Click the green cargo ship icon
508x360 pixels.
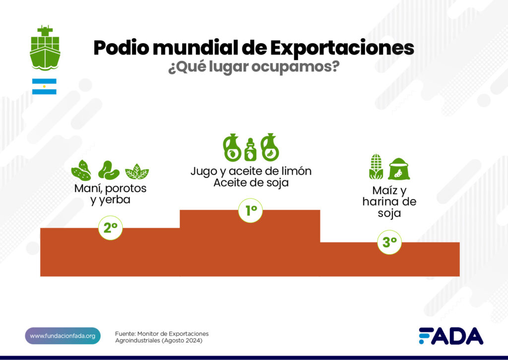pyautogui.click(x=45, y=48)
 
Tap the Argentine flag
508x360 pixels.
pyautogui.click(x=44, y=86)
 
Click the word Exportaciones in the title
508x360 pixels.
pyautogui.click(x=342, y=48)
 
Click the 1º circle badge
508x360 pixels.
pyautogui.click(x=250, y=211)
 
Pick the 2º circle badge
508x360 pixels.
pyautogui.click(x=110, y=228)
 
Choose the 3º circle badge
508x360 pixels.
pyautogui.click(x=389, y=242)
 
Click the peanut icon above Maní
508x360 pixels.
pyautogui.click(x=81, y=170)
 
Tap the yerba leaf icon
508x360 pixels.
pyautogui.click(x=136, y=171)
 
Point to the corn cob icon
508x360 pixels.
pyautogui.click(x=376, y=167)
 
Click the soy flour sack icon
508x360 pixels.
pyautogui.click(x=399, y=169)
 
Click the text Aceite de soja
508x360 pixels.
pyautogui.click(x=251, y=183)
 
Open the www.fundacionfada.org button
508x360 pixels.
pyautogui.click(x=63, y=336)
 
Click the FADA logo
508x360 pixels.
pyautogui.click(x=450, y=336)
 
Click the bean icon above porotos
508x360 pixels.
pyautogui.click(x=108, y=170)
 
